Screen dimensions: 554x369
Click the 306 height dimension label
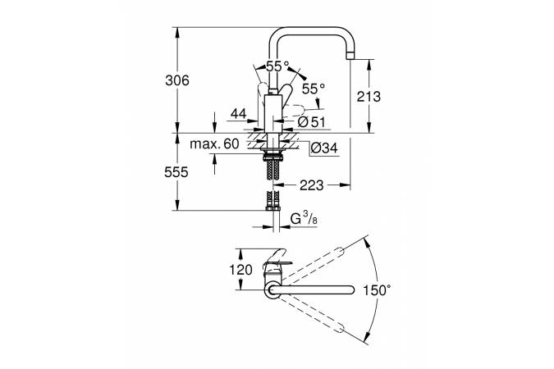click(177, 80)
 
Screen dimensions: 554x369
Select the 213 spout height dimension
click(369, 96)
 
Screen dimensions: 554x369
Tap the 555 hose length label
click(176, 172)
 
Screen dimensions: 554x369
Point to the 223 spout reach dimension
click(311, 185)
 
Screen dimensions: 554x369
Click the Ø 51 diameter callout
click(311, 122)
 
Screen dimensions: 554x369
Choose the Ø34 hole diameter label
click(324, 148)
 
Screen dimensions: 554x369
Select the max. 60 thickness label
click(214, 143)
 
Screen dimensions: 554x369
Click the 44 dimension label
click(238, 114)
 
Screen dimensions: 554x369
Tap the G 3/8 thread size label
click(304, 219)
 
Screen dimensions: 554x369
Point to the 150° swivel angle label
click(378, 290)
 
